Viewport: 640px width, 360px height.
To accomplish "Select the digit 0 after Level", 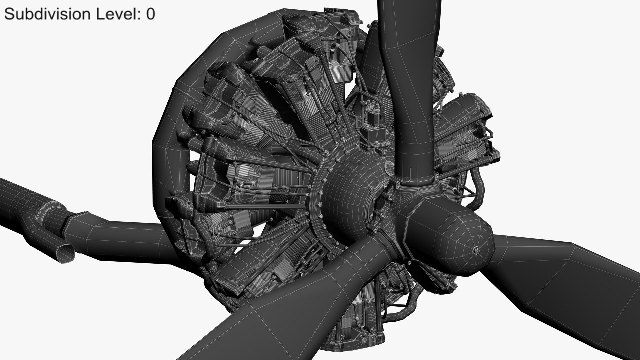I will [150, 14].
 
